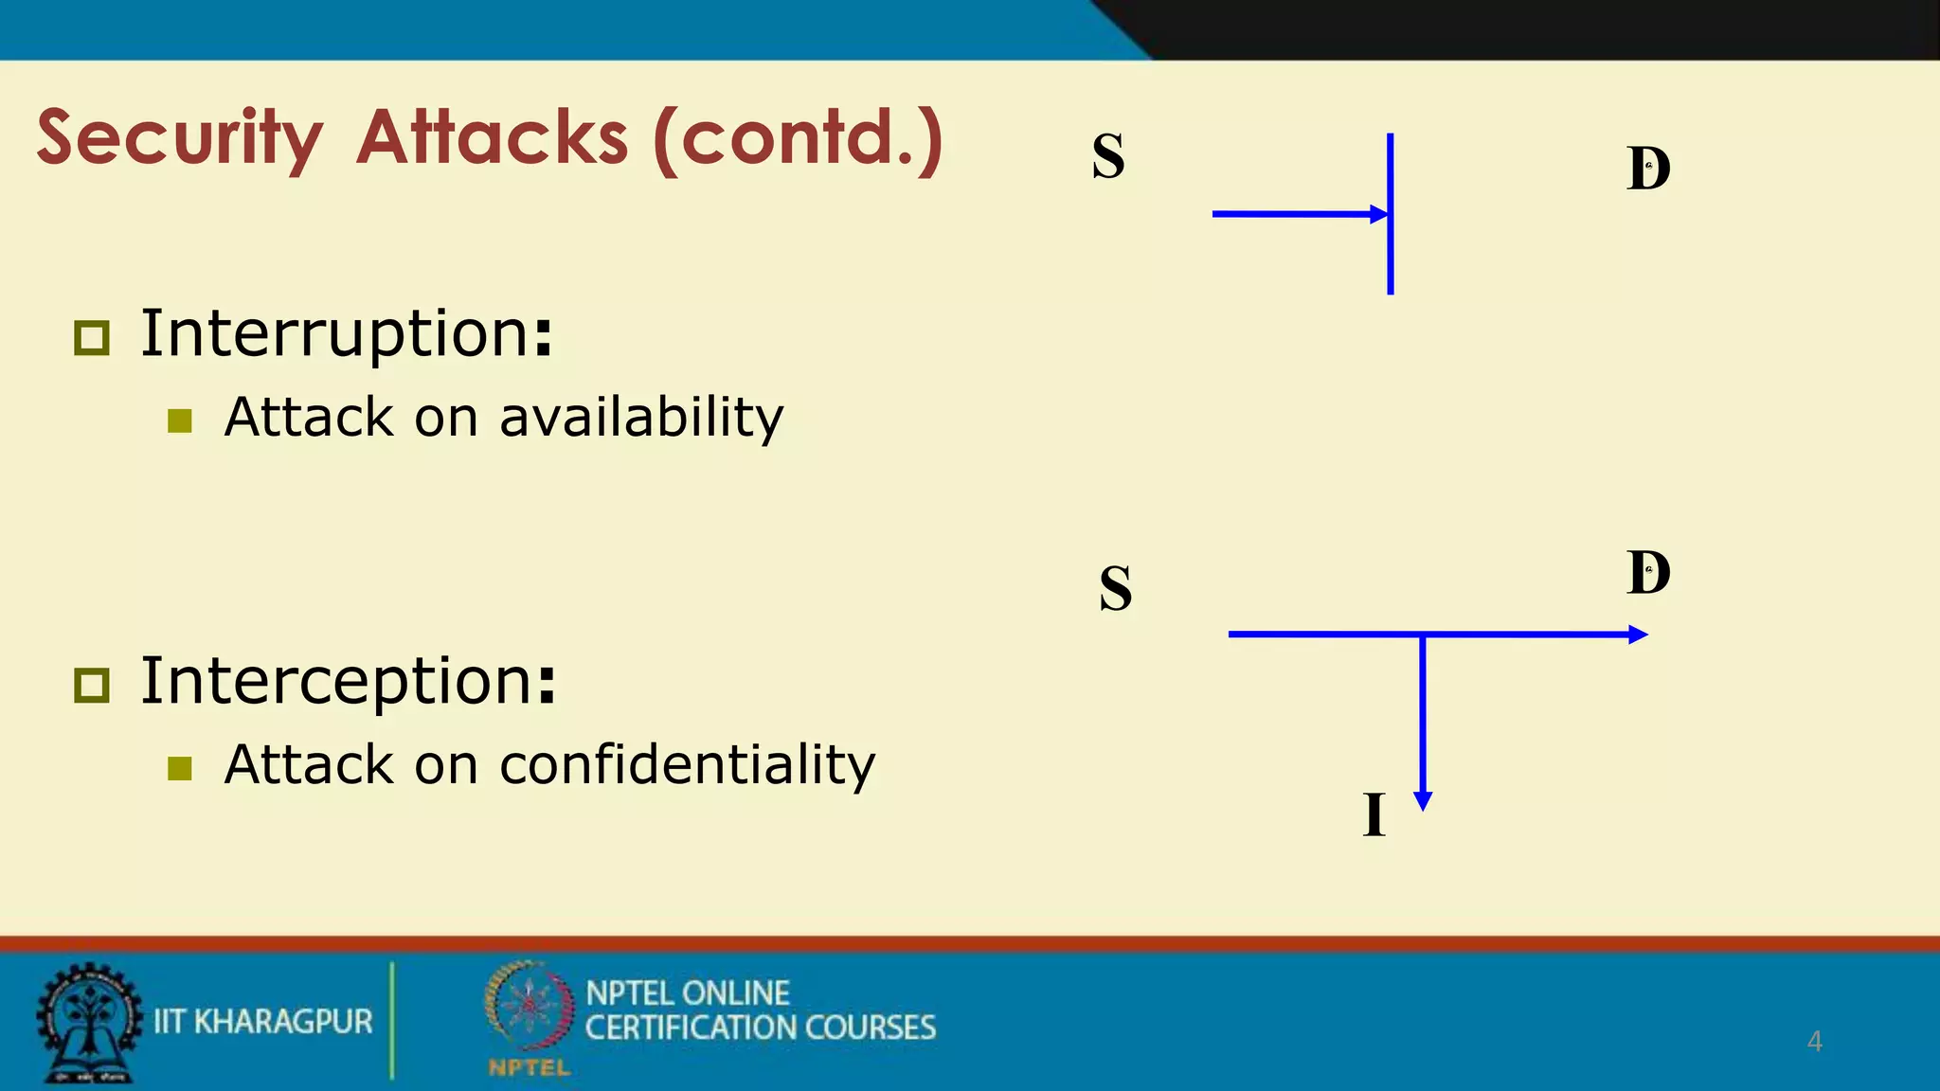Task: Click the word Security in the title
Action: click(180, 138)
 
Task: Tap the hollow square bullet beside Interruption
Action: click(92, 337)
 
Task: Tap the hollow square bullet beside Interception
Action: click(92, 684)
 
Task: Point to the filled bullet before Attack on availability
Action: click(180, 420)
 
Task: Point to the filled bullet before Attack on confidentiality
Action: click(180, 768)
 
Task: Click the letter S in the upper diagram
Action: click(1108, 157)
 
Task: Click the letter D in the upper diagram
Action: click(1648, 170)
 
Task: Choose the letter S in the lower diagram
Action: click(1116, 588)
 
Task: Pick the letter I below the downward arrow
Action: click(1374, 814)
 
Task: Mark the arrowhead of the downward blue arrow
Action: click(1422, 801)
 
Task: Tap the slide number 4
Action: click(1814, 1041)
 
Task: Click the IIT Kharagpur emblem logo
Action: click(87, 1023)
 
